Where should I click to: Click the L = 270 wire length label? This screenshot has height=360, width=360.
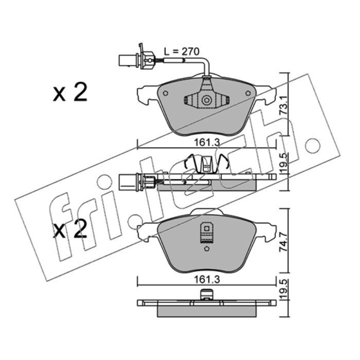182,52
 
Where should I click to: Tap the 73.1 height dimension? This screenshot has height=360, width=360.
284,106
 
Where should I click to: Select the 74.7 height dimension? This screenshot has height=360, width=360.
284,242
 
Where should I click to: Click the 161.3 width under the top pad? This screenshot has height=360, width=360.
207,143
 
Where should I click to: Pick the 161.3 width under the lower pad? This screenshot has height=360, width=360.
207,279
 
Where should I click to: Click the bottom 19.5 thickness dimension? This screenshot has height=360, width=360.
284,289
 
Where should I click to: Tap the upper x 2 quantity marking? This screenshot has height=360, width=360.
70,92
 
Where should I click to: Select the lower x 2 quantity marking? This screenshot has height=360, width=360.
70,229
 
